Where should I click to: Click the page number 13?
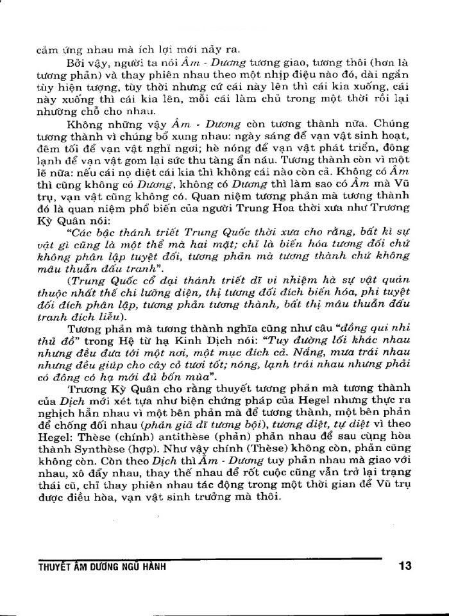404,566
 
